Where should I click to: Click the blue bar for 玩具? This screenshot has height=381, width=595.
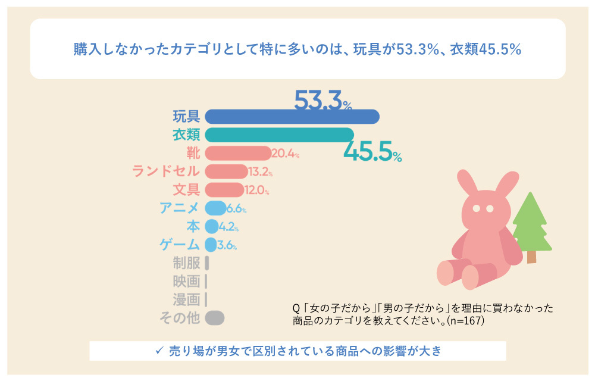pos(292,117)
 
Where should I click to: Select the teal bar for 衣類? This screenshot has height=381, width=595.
pos(279,135)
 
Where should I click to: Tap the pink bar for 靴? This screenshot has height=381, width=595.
pos(237,154)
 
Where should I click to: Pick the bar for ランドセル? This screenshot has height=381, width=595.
pos(226,172)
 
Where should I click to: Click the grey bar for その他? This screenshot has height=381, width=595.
pos(214,318)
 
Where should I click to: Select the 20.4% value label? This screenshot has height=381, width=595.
pos(285,154)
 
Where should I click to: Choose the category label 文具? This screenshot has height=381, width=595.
pos(186,190)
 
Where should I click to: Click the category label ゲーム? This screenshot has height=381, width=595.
pos(180,245)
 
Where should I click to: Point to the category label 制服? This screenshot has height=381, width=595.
pos(186,263)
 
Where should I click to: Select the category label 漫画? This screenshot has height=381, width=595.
pos(186,299)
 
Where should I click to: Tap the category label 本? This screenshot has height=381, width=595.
pos(193,227)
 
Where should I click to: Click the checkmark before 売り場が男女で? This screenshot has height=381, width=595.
pos(159,351)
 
